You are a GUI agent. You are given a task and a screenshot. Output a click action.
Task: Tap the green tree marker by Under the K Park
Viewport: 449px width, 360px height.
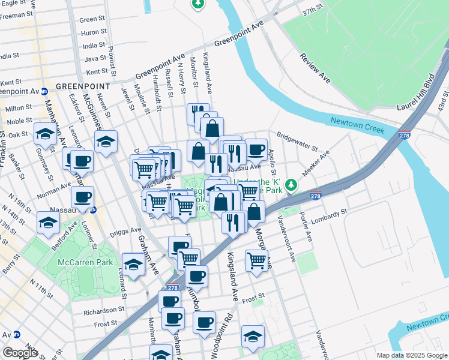point(292,184)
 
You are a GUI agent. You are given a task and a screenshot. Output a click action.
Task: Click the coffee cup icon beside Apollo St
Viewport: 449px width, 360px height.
point(256,150)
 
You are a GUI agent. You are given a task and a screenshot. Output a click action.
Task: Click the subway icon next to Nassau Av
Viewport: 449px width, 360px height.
point(93,210)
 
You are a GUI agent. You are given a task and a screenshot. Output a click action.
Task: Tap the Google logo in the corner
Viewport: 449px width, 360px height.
point(20,353)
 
